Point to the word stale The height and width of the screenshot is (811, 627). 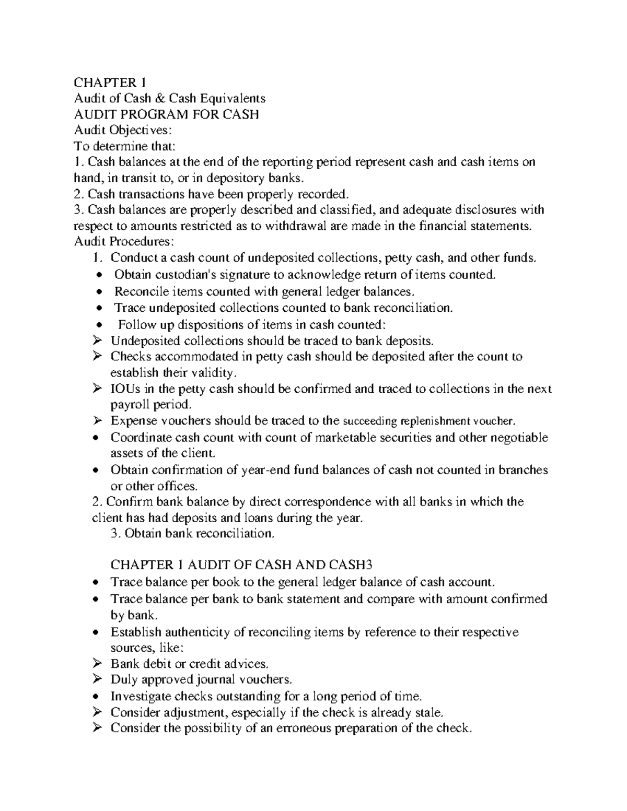point(429,712)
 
